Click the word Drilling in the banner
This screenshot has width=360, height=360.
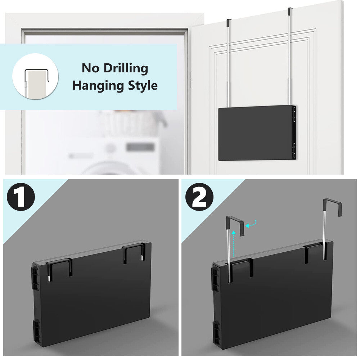[126, 68]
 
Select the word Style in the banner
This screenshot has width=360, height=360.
[143, 85]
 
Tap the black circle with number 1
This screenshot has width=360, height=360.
[21, 197]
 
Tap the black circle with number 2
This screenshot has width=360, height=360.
[199, 197]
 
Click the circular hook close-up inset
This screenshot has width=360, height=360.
[35, 76]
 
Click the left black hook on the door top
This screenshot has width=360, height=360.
[229, 22]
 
